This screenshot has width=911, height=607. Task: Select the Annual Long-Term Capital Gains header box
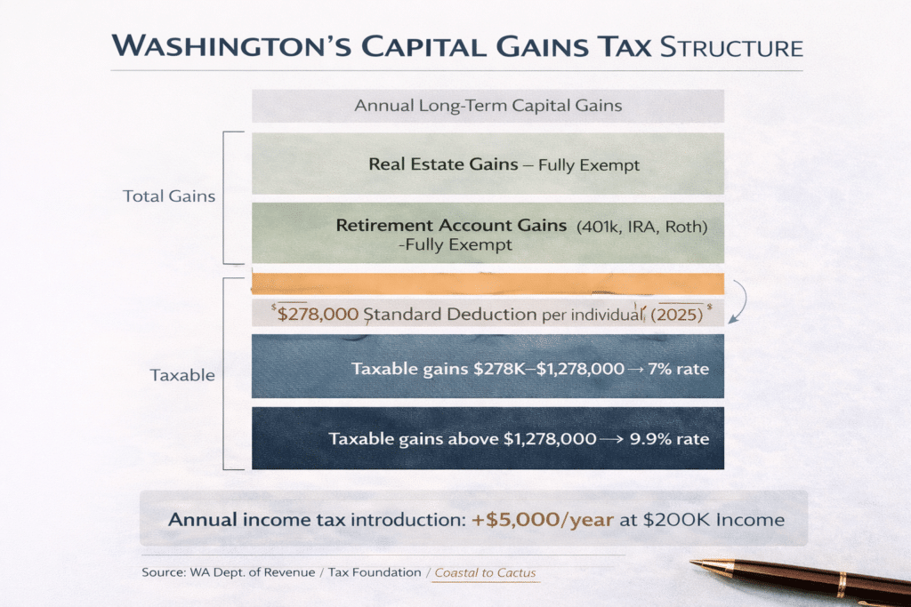point(488,106)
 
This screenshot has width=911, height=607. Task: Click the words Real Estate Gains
point(431,164)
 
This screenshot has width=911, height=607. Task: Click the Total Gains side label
point(169,196)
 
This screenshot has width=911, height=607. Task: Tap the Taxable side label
point(182,375)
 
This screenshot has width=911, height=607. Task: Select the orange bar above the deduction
point(488,284)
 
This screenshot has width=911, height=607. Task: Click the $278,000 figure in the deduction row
point(318,315)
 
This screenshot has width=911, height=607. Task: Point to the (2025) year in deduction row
point(675,315)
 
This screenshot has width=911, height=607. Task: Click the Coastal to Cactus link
point(486,572)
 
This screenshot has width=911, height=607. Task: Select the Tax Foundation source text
point(375,572)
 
